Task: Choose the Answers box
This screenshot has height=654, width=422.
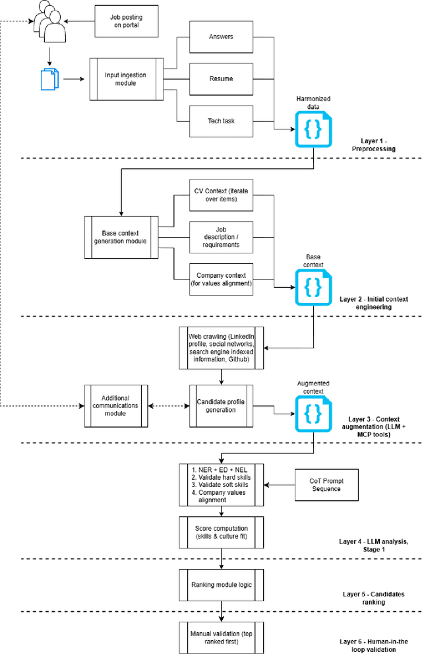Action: pos(220,37)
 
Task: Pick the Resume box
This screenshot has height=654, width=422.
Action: pos(220,79)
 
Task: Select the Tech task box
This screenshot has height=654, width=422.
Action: pos(220,121)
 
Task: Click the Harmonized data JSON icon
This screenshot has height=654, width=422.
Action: pos(313,129)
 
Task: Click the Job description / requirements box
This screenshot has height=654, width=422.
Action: pos(220,237)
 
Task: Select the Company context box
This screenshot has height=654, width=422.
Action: pos(220,279)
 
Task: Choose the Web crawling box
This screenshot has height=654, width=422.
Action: pos(222,348)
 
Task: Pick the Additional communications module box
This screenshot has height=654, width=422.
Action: pos(116,405)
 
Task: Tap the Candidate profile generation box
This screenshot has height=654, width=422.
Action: pos(222,405)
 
